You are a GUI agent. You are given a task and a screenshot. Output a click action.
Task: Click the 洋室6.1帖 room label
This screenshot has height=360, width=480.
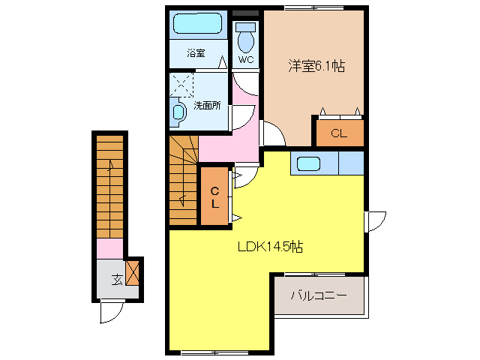[x=316, y=66]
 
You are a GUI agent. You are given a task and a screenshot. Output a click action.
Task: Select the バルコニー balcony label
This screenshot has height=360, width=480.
[x=319, y=295]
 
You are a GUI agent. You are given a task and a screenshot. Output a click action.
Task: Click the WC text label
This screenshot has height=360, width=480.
[x=246, y=59]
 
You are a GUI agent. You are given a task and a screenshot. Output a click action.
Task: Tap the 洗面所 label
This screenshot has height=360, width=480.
[x=207, y=105]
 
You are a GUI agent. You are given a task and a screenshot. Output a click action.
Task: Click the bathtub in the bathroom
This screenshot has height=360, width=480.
[x=198, y=24]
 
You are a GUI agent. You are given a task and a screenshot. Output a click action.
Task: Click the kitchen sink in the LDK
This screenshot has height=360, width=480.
[x=307, y=163]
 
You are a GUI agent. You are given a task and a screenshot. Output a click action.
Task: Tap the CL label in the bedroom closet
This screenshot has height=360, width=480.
[x=338, y=134]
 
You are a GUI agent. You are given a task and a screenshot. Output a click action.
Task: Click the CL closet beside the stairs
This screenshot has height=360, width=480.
[x=214, y=196]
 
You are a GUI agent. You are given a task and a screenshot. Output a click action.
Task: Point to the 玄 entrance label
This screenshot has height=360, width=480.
[x=118, y=280]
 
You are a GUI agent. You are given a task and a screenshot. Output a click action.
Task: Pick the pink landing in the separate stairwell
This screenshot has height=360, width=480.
[x=109, y=249]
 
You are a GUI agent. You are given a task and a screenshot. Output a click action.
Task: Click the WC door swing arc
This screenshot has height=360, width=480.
[x=244, y=82]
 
